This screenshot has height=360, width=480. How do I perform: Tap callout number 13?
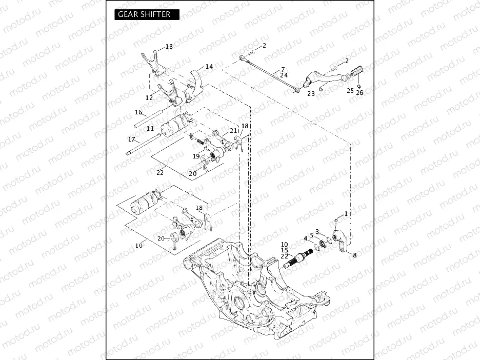point(169,47)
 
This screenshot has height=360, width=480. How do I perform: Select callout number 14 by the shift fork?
point(209,67)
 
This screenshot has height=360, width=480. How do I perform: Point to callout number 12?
point(149,97)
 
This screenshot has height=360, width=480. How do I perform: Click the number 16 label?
point(138,112)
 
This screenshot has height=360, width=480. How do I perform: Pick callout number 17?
point(131,139)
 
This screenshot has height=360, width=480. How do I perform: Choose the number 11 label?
point(150,128)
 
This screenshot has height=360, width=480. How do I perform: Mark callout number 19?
point(196,156)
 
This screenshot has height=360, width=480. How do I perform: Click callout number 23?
point(311,94)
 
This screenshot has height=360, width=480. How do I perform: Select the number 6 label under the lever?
point(321,89)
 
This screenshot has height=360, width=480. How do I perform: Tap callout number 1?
point(346,213)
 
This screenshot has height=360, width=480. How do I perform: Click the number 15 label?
point(284,250)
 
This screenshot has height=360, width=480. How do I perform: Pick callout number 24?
point(284,75)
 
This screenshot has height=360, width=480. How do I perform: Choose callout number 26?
point(359,93)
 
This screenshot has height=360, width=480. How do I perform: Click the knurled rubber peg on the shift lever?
point(355,68)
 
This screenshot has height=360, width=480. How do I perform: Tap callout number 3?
point(317,231)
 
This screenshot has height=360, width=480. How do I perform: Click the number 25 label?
point(350,91)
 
